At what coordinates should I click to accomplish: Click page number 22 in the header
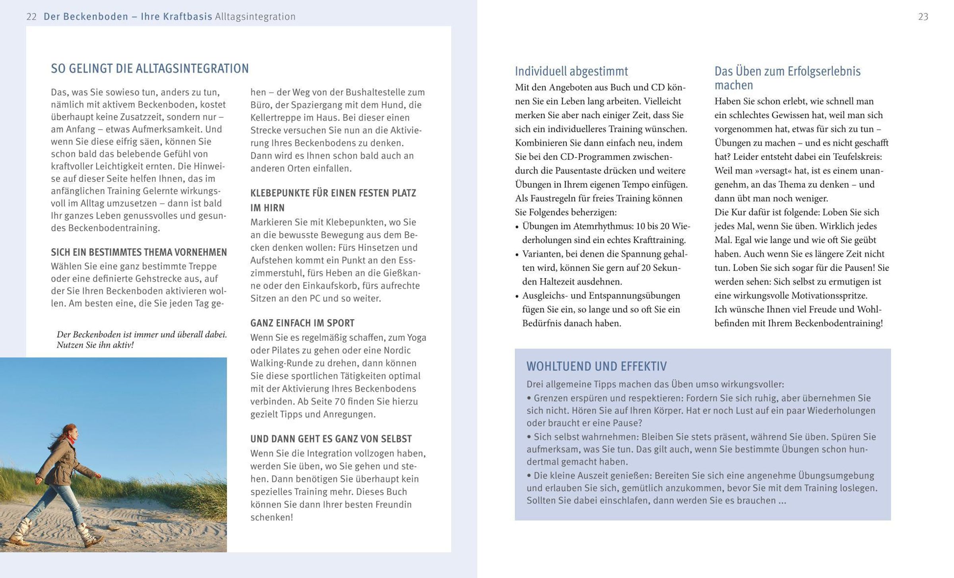point(31,17)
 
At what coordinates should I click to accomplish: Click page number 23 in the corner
point(923,17)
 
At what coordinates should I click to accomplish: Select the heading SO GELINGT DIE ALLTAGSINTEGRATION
point(149,69)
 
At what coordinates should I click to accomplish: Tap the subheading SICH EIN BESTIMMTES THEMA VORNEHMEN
point(139,252)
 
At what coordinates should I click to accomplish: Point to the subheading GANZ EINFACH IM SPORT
point(302,323)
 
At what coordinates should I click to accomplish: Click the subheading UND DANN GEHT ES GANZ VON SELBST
point(331,439)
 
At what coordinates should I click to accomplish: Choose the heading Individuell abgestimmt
point(571,72)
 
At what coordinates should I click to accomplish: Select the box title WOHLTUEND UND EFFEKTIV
point(596,366)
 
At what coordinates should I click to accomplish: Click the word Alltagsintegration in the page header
point(255,17)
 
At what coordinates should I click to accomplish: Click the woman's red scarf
point(72,440)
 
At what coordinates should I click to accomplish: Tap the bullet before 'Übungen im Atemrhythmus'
point(517,227)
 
